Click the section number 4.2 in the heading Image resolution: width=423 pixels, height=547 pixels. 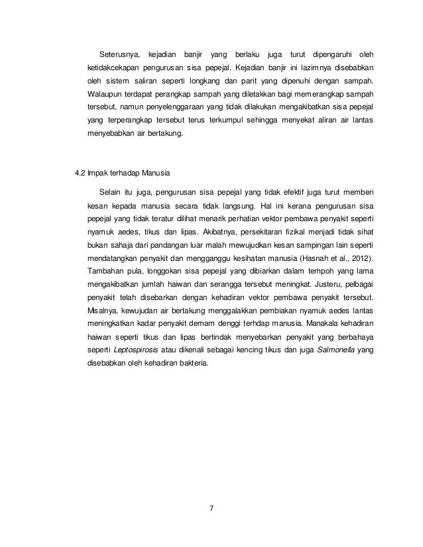(x=82, y=175)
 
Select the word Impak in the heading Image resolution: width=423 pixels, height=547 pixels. (x=101, y=175)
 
